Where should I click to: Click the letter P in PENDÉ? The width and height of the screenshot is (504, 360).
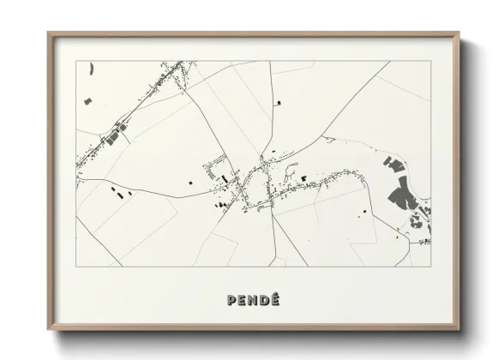point(232,300)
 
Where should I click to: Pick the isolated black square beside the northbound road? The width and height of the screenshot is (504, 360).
point(278,104)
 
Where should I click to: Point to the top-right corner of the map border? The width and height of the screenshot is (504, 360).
point(429,62)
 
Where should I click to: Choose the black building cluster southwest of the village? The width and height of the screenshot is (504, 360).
point(221,204)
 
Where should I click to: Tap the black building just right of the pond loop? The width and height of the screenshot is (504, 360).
point(303,177)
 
